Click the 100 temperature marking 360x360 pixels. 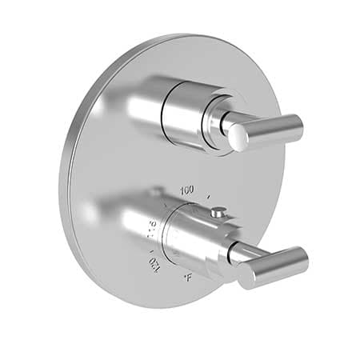click(x=187, y=191)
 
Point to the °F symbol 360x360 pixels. click(x=186, y=278)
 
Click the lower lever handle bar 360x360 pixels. click(x=272, y=265)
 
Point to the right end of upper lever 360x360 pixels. click(x=297, y=124)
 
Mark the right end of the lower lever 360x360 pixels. click(x=302, y=256)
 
